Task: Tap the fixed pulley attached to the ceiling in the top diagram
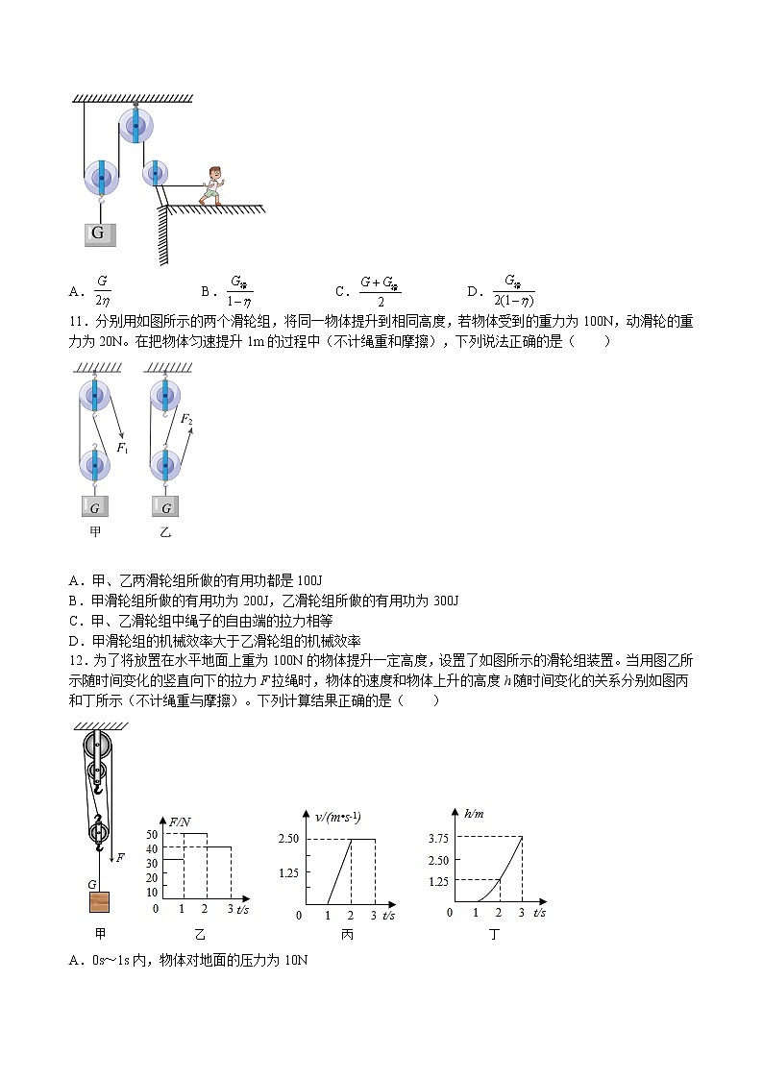click(x=136, y=124)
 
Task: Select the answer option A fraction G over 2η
click(x=101, y=290)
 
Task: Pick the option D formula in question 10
click(x=512, y=290)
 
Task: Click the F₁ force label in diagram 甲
click(x=122, y=447)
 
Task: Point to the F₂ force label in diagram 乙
click(x=186, y=420)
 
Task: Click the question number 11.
click(x=78, y=322)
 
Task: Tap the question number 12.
click(x=78, y=661)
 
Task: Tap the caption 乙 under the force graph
click(x=199, y=933)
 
